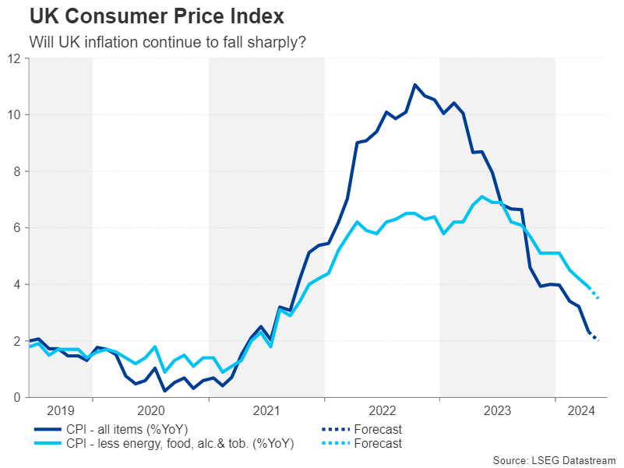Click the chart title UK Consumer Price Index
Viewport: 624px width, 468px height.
(x=146, y=16)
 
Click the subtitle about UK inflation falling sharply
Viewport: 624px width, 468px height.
(x=167, y=42)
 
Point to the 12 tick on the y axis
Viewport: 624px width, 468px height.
(x=15, y=58)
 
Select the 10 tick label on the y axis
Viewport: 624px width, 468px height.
(x=15, y=115)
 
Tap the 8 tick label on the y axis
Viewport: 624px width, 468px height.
(x=18, y=171)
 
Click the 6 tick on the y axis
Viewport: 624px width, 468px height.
(x=18, y=228)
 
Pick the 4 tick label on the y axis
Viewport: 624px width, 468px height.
(x=18, y=284)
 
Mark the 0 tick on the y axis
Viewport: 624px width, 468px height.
(x=18, y=397)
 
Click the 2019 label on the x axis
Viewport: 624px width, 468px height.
(x=61, y=411)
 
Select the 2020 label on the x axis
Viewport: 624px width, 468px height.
(x=150, y=411)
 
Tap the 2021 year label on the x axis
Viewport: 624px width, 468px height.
(x=266, y=411)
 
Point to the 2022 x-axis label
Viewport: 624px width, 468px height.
(x=383, y=411)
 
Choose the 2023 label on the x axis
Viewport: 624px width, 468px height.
(x=498, y=411)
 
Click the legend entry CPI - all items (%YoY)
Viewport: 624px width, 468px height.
(x=138, y=429)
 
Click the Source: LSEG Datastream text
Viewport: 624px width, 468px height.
(x=554, y=459)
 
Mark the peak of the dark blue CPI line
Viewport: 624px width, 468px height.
(x=414, y=85)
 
